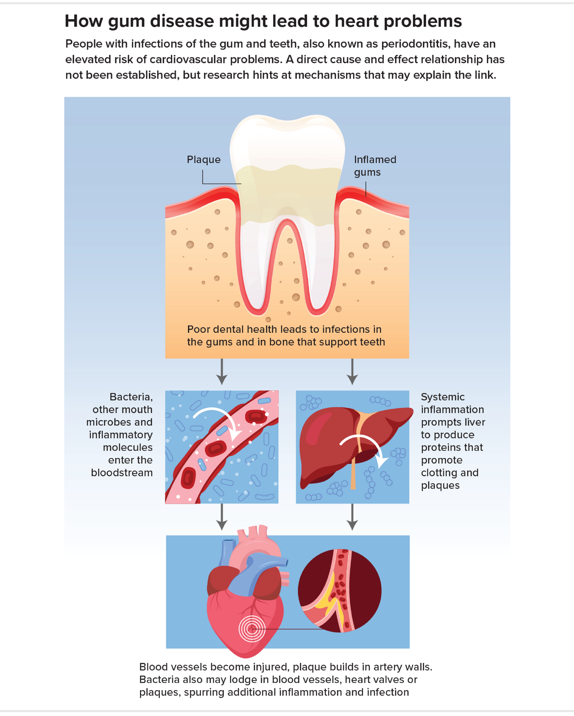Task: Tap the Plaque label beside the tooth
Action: point(204,160)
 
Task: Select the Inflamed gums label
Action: point(375,165)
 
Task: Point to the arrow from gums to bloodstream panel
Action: point(221,371)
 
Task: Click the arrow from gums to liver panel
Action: point(352,371)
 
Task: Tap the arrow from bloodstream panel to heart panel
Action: point(221,517)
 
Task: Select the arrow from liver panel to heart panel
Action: point(352,517)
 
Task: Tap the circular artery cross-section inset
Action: point(340,591)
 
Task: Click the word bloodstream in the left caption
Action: point(122,473)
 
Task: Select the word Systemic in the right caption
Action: point(442,397)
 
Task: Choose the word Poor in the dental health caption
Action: point(198,329)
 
